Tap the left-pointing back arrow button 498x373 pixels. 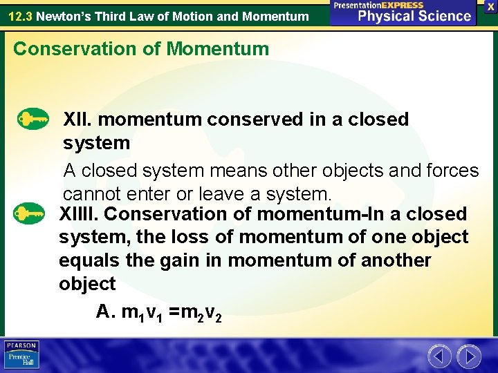(x=439, y=356)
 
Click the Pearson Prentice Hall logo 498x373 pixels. (x=22, y=355)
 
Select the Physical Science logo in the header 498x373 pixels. (x=404, y=12)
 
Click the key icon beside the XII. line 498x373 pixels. (x=32, y=119)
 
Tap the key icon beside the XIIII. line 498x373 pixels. (x=32, y=213)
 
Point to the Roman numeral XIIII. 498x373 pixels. (x=79, y=214)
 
